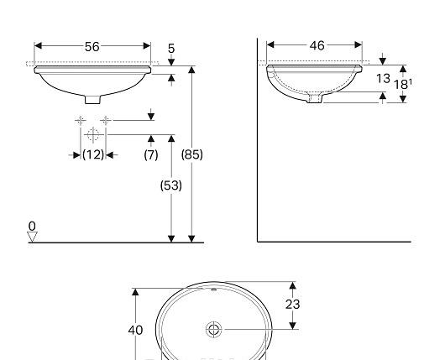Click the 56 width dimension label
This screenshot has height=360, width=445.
point(92,47)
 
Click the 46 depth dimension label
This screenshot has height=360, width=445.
point(317,46)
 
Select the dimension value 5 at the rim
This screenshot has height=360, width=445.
point(171,50)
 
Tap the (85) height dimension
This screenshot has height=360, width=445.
point(192,154)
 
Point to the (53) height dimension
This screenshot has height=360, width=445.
point(171,185)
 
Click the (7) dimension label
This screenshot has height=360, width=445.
point(151,154)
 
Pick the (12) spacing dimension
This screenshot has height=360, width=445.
point(93,154)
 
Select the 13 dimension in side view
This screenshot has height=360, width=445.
point(383,78)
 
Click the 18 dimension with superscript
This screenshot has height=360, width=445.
point(402,84)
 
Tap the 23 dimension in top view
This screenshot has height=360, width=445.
point(291,305)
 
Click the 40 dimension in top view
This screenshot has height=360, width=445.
point(135,330)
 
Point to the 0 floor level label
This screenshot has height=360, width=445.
point(32,226)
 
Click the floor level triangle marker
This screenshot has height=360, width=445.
point(33,237)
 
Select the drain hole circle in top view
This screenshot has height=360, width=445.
point(214,329)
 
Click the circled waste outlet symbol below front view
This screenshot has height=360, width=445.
point(92,134)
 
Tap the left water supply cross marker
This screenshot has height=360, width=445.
point(81,121)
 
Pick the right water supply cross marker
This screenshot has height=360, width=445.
point(105,121)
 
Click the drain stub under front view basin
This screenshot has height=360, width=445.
point(92,99)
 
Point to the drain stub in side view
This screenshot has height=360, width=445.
point(315,98)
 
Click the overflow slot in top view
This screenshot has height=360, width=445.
point(214,291)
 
